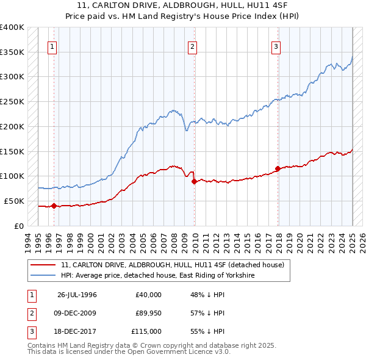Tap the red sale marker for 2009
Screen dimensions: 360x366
194,181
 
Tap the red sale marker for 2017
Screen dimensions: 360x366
278,168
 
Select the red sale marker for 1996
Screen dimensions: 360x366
54,206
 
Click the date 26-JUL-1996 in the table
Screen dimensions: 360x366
77,295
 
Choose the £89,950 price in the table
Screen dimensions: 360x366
149,313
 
